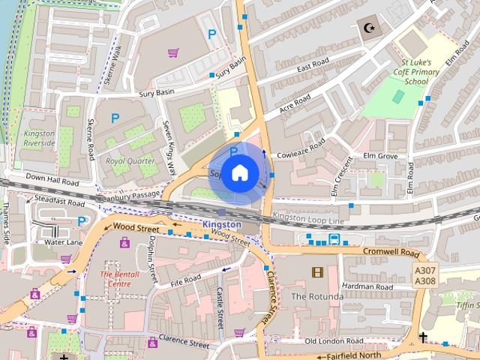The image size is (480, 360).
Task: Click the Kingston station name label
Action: (221, 224)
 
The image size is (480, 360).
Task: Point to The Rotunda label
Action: (316, 296)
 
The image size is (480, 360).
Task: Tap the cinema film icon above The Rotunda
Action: (317, 271)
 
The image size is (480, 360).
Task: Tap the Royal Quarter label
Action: (130, 160)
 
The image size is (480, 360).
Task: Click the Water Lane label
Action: (63, 242)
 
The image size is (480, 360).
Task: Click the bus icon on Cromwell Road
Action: (334, 239)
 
